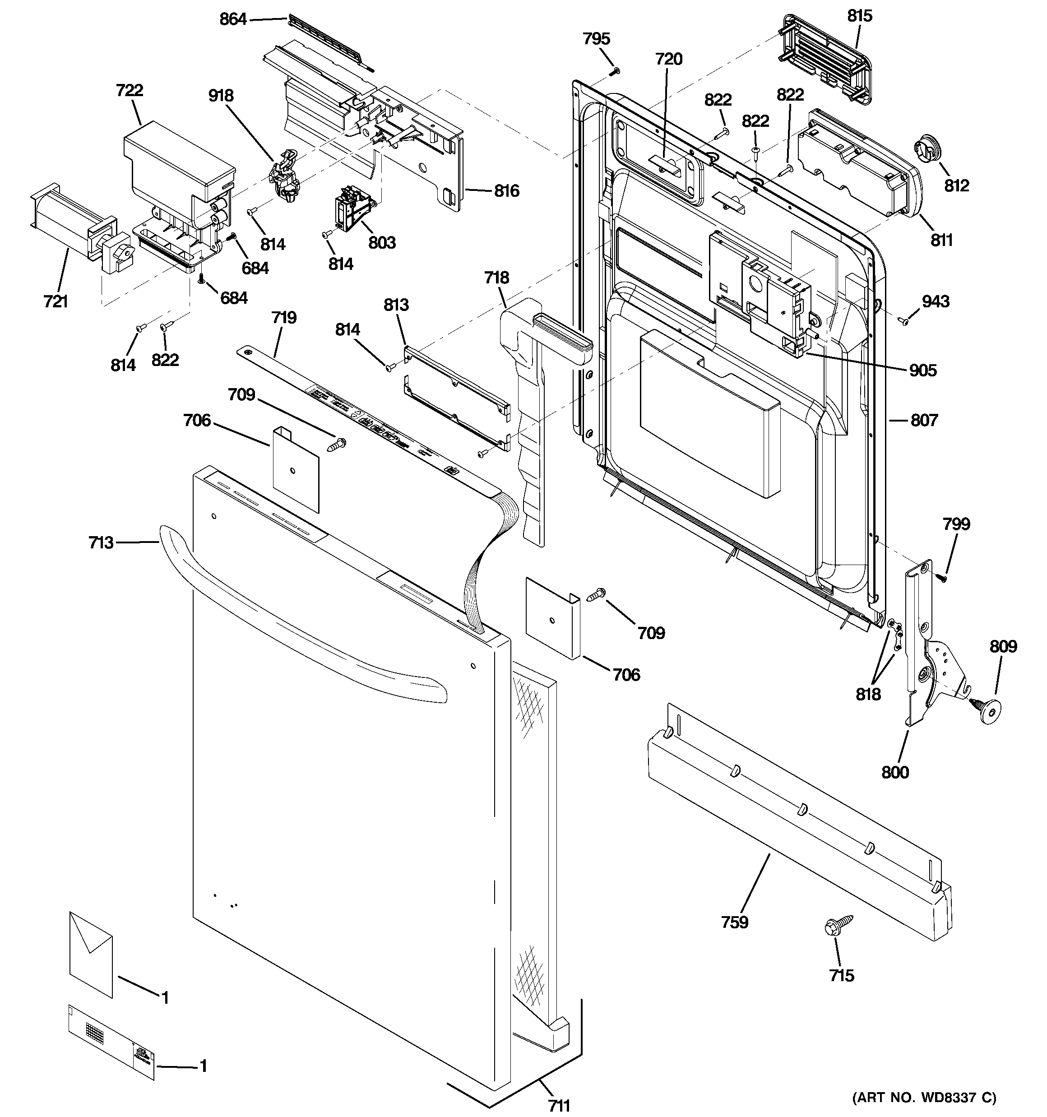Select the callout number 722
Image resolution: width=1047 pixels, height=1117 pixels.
[x=129, y=90]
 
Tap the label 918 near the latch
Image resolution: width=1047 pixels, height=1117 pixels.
[x=221, y=96]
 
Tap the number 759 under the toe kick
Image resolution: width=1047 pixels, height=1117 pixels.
[x=735, y=922]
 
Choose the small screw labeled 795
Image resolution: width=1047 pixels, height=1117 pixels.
[x=616, y=71]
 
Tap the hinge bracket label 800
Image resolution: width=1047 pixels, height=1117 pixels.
[x=895, y=772]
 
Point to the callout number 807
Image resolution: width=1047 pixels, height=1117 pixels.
[x=924, y=420]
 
